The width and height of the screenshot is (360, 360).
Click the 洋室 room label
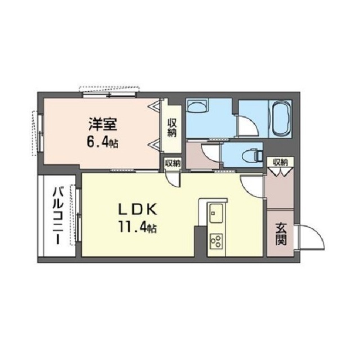coord(103,125)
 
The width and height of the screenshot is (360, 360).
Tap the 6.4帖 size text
coord(102,143)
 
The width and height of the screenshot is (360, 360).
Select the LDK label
coord(137,209)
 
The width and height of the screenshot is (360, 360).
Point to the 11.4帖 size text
coord(137,227)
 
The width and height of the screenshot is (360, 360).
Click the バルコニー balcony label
coord(57,216)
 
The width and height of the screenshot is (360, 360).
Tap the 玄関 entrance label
coord(281,234)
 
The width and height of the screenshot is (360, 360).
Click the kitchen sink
coord(216,213)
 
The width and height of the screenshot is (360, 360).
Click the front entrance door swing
coord(310,237)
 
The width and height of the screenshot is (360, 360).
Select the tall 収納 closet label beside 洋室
coord(172,128)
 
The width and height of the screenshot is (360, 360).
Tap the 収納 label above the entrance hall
coord(280,163)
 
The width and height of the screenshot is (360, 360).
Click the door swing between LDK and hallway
coord(251,186)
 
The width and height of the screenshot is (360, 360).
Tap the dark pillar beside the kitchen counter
coord(200,241)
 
